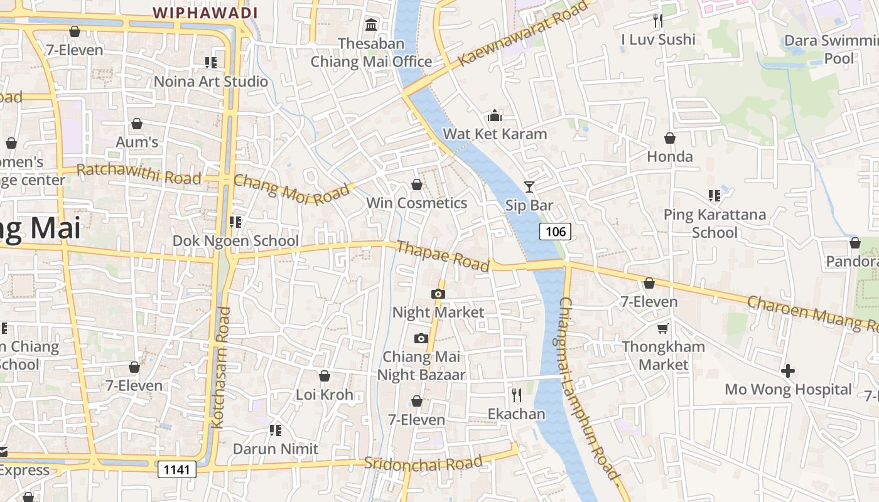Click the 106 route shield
[x=556, y=232]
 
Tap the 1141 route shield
[x=176, y=469]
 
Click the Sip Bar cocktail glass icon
[x=529, y=186]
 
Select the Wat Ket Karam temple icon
[x=495, y=116]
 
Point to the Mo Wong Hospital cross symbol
[x=788, y=371]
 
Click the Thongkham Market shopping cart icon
[x=663, y=328]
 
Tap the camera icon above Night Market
[x=438, y=294]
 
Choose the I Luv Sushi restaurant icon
[x=658, y=21]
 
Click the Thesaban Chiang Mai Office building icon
[x=371, y=25]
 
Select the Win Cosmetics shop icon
[x=416, y=184]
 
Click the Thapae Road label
[x=443, y=256]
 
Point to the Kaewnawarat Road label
[x=526, y=33]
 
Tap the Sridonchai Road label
[x=423, y=463]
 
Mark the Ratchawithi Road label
[x=139, y=174]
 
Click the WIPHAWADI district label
[x=205, y=13]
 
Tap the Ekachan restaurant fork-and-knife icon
[x=517, y=395]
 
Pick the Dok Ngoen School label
[x=235, y=241]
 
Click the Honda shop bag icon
[x=670, y=138]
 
